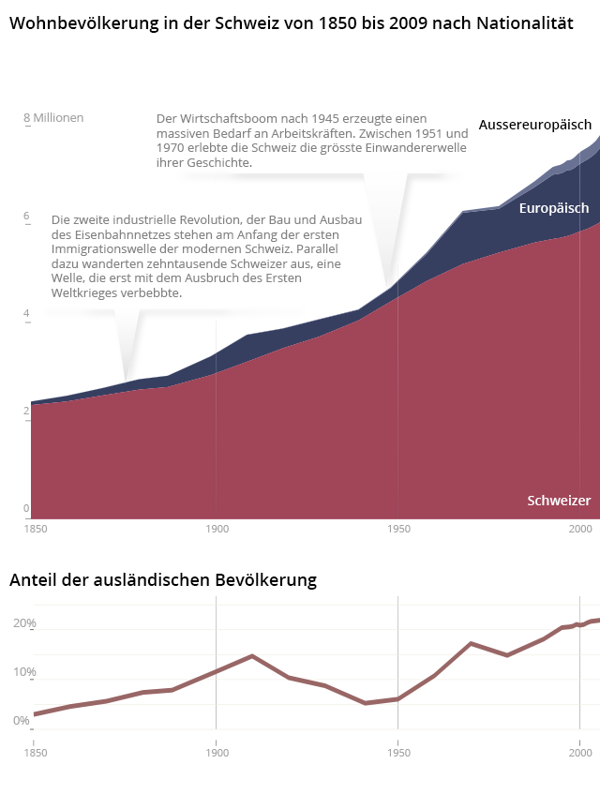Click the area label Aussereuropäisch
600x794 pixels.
point(534,125)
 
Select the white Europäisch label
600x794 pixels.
point(554,208)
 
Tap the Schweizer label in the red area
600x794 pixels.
point(559,501)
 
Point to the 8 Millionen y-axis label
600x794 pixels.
point(53,118)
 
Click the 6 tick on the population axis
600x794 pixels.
point(26,217)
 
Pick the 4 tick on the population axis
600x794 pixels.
point(26,314)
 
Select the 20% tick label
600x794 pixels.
point(24,623)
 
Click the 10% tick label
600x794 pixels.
point(24,672)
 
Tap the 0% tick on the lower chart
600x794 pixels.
point(22,721)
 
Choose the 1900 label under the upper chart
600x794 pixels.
point(217,530)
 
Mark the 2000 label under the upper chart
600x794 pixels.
point(579,530)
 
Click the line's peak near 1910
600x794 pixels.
point(252,656)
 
